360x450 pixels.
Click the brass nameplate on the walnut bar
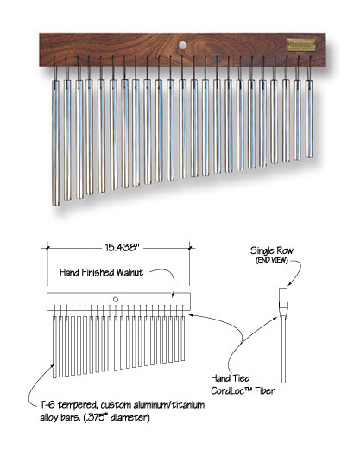[x=301, y=45]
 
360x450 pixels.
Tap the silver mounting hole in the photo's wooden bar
[x=182, y=45]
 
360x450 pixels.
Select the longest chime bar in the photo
[x=56, y=143]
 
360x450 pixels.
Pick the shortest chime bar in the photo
[x=309, y=118]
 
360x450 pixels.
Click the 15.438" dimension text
[x=122, y=247]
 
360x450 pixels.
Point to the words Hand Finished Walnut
[x=101, y=272]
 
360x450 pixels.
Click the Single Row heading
[x=272, y=250]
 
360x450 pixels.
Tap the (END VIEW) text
[x=272, y=260]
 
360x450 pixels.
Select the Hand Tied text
[x=231, y=378]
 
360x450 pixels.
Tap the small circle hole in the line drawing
[x=116, y=300]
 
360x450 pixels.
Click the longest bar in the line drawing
[x=54, y=347]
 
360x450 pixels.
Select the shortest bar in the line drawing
[x=183, y=339]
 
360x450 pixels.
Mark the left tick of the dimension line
[x=47, y=247]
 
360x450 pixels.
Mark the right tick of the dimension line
[x=190, y=247]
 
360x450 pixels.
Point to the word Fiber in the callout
[x=265, y=390]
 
